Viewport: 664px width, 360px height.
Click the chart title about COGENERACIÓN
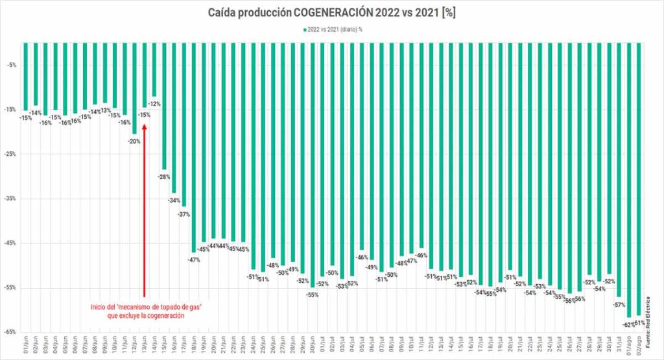[x=331, y=12]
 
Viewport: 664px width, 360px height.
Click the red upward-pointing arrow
[x=144, y=208]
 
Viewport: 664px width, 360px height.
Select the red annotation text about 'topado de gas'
[x=146, y=311]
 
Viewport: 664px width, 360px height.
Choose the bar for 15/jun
[x=164, y=104]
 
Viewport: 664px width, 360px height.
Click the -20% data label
[x=134, y=141]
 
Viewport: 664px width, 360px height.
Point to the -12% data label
[x=154, y=104]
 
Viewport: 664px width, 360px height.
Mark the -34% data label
[x=174, y=200]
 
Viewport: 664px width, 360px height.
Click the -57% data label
[x=619, y=305]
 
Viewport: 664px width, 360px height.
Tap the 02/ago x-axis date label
[x=639, y=344]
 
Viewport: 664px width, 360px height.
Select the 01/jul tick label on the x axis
[x=323, y=344]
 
